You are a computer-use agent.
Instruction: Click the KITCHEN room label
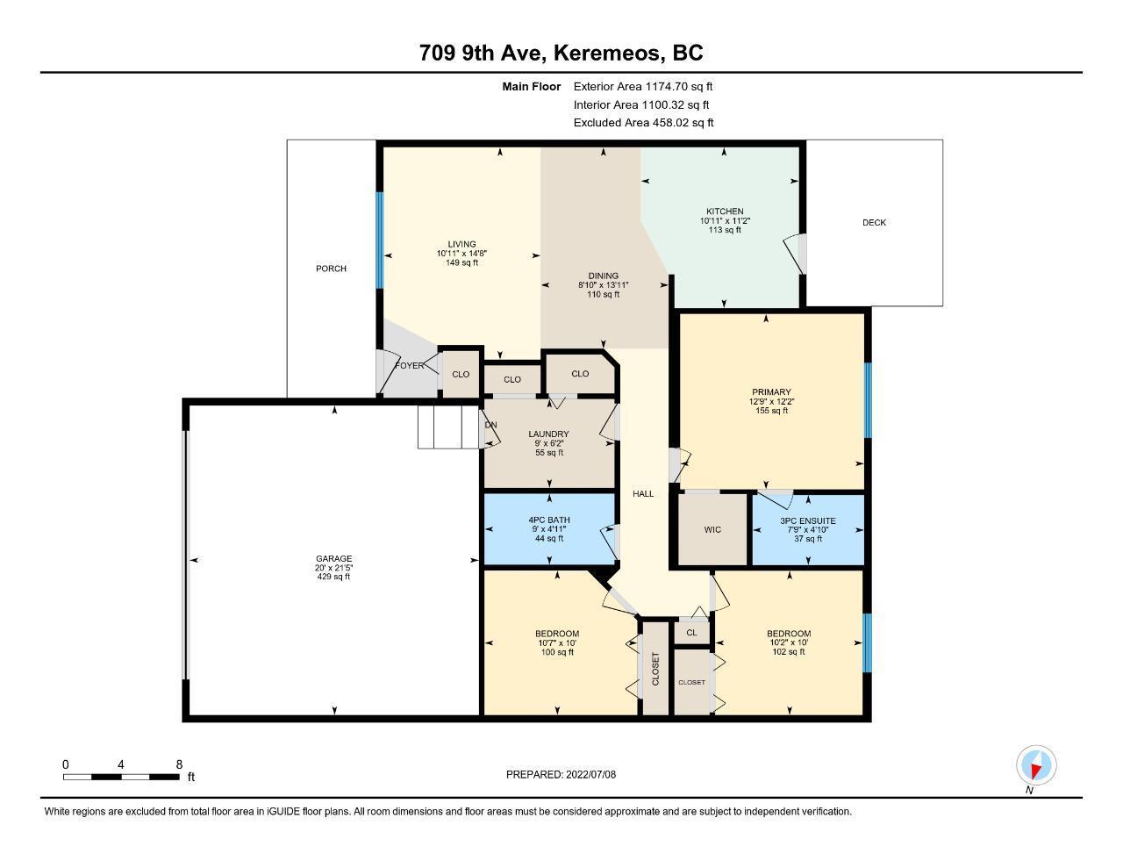coord(725,212)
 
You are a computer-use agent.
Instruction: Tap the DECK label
coord(874,223)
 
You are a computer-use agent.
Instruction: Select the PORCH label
coord(332,269)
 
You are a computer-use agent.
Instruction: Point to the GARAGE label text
coord(334,558)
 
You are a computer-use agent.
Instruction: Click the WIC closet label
coord(712,529)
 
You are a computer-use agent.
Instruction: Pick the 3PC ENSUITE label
coord(808,520)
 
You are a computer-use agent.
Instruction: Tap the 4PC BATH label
coord(549,520)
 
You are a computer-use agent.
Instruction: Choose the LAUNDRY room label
coord(548,434)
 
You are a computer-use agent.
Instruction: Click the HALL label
coord(643,494)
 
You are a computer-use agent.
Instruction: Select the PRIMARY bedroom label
coord(771,391)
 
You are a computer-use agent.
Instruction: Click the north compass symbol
coord(1035,766)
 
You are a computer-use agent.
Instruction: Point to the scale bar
coord(121,777)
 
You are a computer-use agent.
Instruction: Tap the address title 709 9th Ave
coord(483,53)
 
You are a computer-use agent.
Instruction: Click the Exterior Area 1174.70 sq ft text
coord(643,86)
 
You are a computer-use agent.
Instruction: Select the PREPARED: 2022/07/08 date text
coord(561,774)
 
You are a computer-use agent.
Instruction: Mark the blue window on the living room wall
coord(379,240)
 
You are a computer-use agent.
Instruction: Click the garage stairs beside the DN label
coord(448,427)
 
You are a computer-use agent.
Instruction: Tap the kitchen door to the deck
coord(796,255)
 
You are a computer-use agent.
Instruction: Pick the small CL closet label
coord(691,632)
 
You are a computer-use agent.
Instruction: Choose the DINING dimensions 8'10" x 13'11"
coord(603,285)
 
